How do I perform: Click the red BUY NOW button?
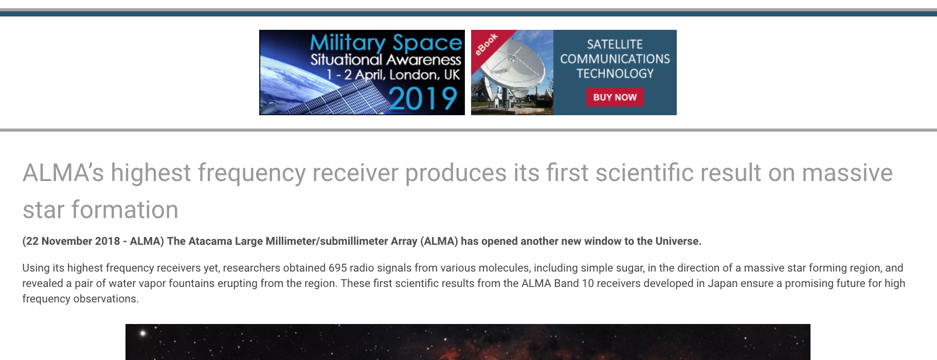pos(615,97)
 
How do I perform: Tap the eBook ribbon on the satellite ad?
pos(486,44)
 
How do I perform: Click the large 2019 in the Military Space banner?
pos(423,99)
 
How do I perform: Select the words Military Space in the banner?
pos(386,43)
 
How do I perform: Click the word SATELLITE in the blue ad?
pos(615,44)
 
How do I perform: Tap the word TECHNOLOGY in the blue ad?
pos(615,74)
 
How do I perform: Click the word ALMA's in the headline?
pos(63,173)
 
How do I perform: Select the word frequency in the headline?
pos(251,173)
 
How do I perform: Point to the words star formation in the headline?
pos(100,210)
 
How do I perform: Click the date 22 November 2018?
pos(73,241)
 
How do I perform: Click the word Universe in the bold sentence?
pos(677,241)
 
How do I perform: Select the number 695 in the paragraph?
pos(337,268)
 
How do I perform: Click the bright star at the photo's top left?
pos(143,333)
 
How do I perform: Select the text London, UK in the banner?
pos(424,75)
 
